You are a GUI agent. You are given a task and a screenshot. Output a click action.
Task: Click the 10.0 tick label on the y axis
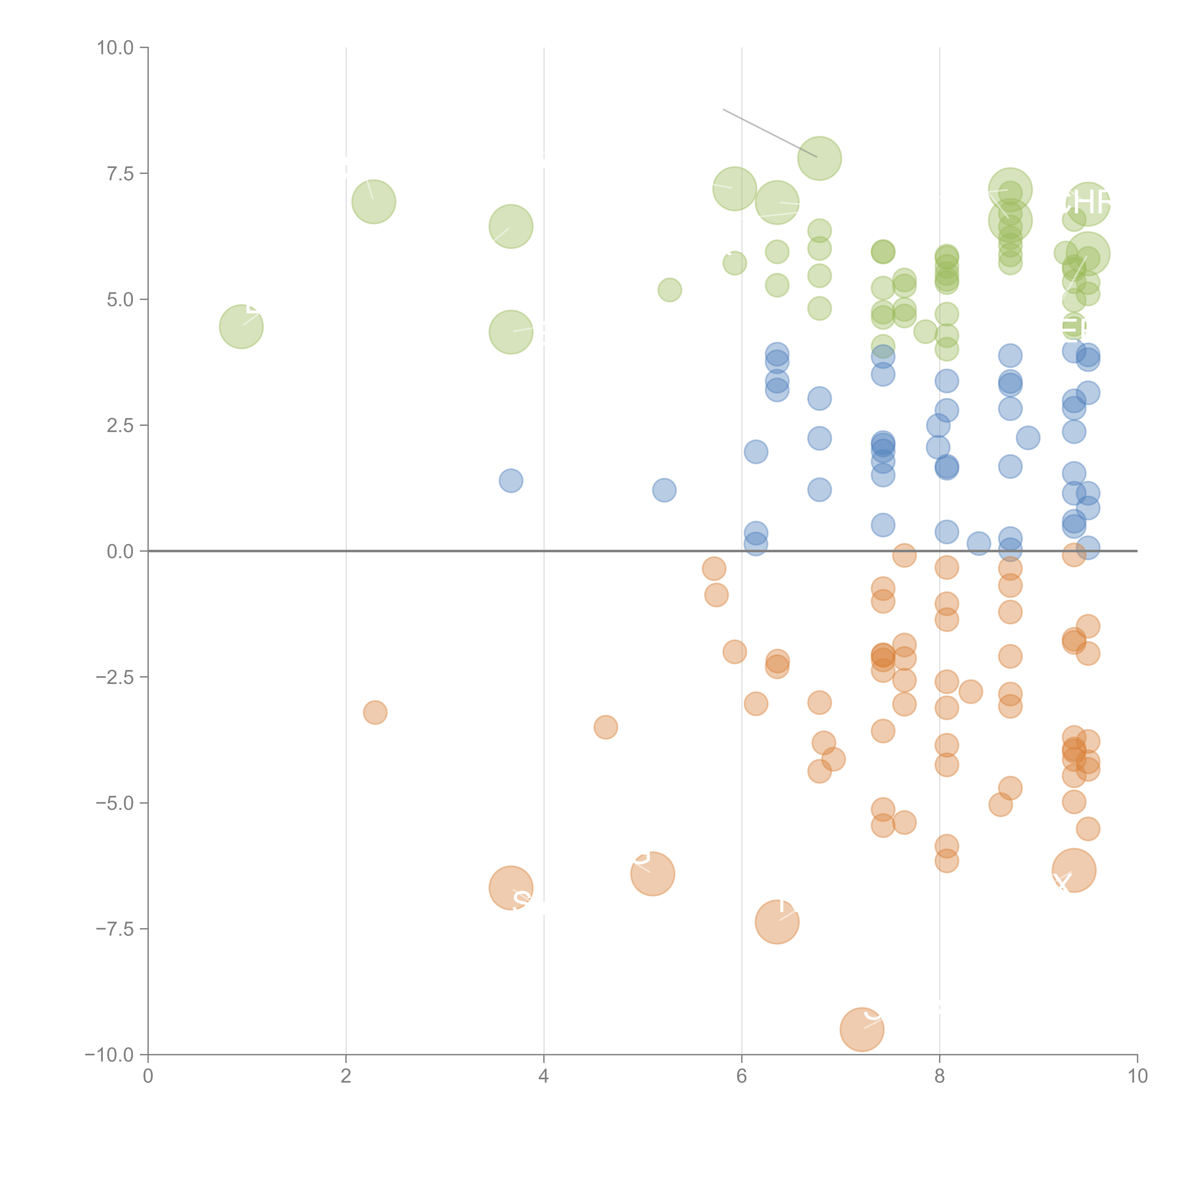pos(115,48)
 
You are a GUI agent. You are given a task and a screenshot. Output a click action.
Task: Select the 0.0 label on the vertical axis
pos(120,551)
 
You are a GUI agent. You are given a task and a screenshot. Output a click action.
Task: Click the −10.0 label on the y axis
pos(109,1055)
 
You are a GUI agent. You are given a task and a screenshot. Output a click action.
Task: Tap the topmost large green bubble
pos(820,158)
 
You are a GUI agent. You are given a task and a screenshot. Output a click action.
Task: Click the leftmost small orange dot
pos(375,712)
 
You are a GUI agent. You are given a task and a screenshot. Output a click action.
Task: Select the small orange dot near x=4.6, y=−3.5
pos(605,727)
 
